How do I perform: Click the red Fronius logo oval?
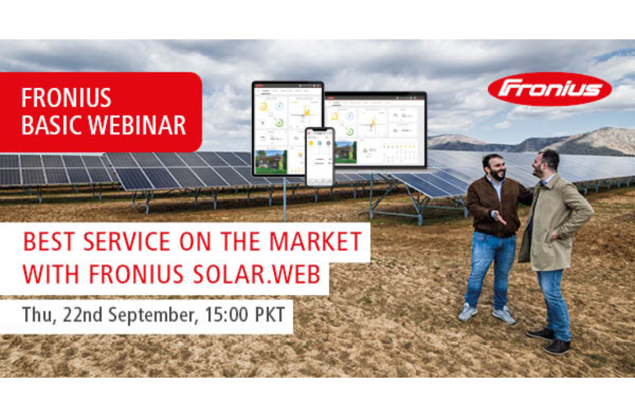[x=549, y=89]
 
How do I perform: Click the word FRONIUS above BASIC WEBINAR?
[x=66, y=98]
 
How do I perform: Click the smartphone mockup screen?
[x=320, y=156]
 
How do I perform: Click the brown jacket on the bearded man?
[x=492, y=206]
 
